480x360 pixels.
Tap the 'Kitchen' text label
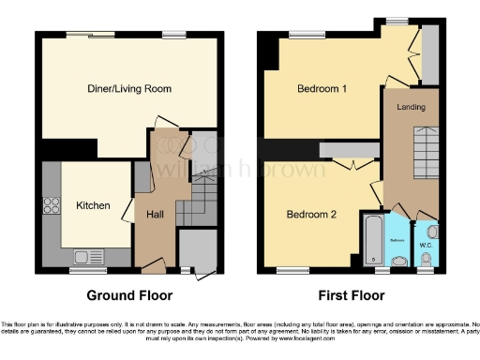pos(94,205)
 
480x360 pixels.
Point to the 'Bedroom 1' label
pos(322,89)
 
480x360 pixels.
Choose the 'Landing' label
pos(411,107)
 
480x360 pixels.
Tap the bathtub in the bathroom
pos(373,238)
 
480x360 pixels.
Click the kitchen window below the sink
pos(82,270)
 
